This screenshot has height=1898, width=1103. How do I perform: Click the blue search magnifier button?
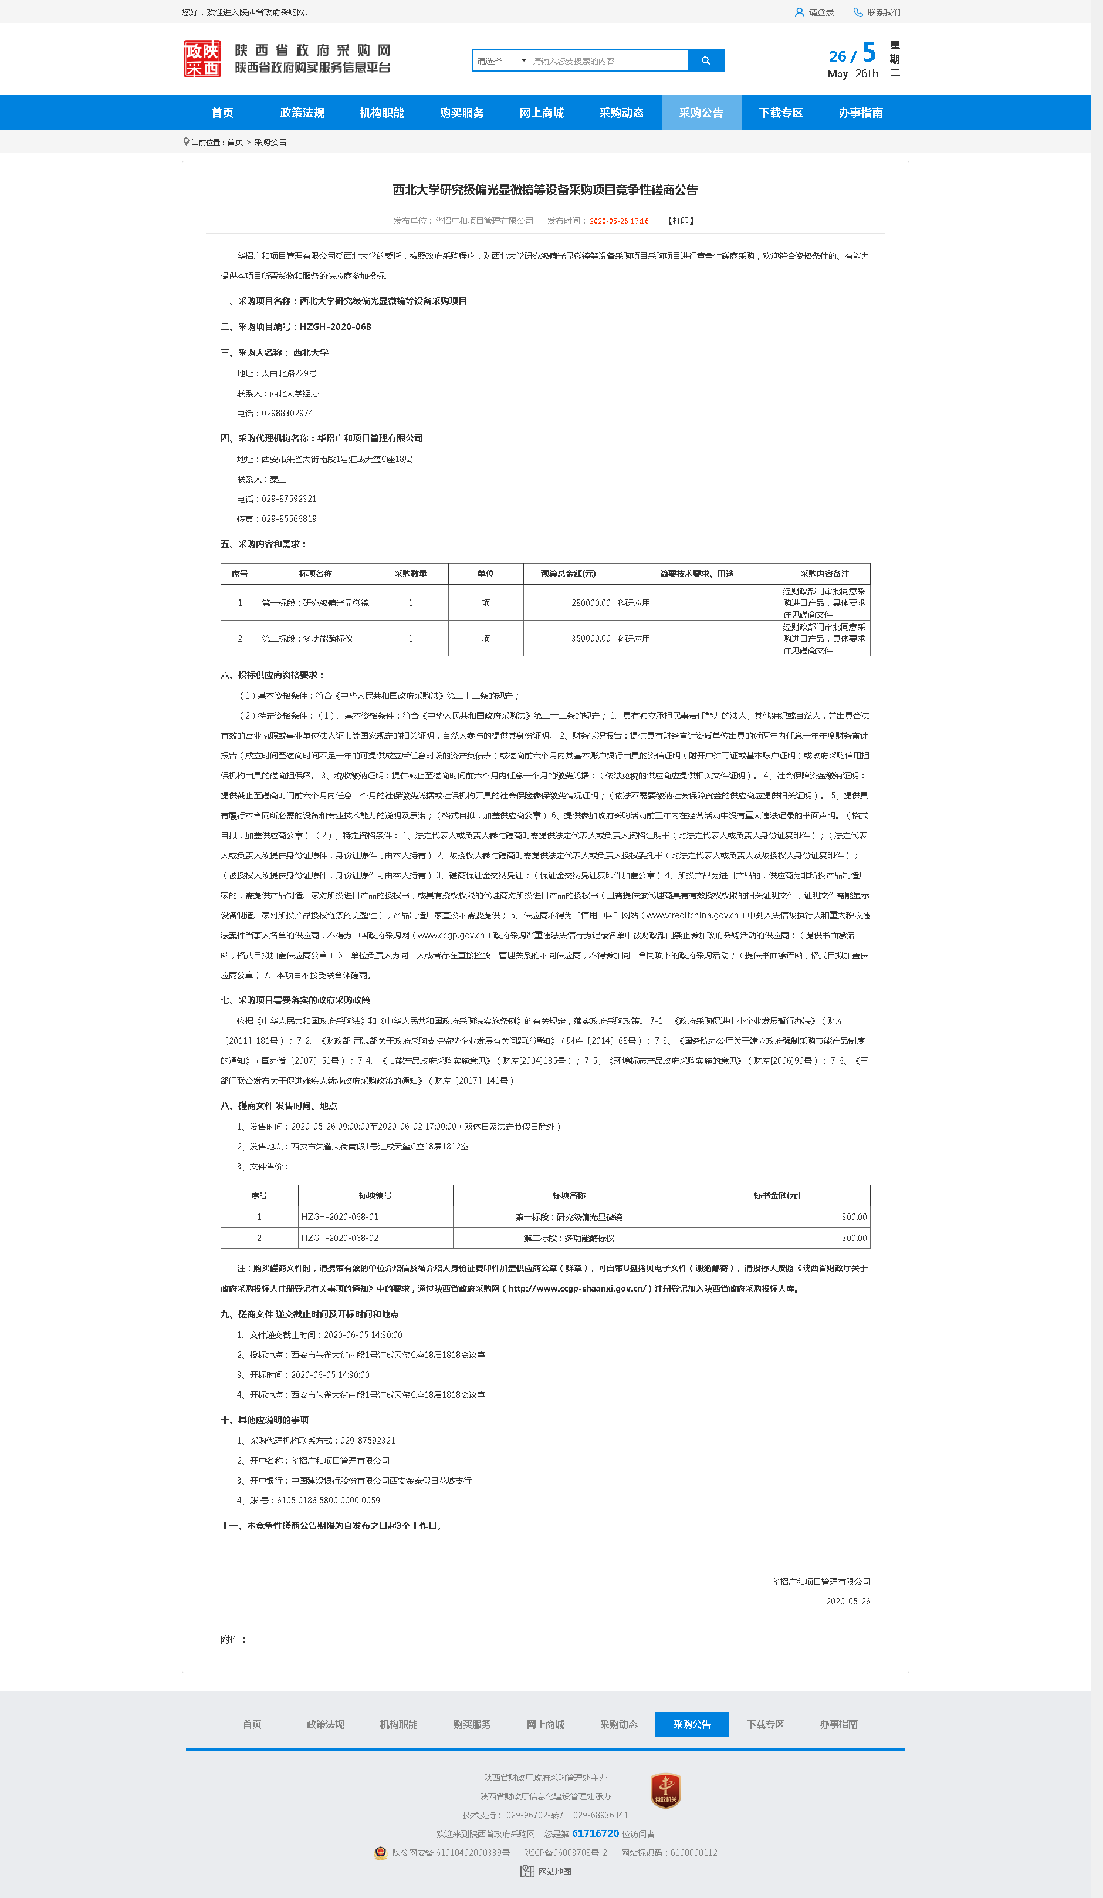point(705,61)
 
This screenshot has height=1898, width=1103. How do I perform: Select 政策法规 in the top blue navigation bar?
point(302,113)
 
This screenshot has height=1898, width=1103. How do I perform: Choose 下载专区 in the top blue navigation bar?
point(781,113)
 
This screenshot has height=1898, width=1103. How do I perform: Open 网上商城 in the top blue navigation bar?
point(542,113)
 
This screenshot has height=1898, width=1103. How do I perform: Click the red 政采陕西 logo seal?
point(202,59)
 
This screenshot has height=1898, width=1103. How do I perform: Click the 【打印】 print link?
point(681,221)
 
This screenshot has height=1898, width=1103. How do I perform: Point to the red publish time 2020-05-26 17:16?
point(618,221)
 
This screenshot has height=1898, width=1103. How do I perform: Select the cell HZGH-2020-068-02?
point(340,1238)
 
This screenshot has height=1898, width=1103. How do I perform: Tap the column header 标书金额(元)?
point(777,1195)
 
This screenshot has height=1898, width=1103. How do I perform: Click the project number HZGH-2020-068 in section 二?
point(335,327)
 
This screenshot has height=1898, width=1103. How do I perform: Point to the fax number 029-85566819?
point(288,519)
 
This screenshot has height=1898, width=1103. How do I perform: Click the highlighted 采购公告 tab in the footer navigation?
point(691,1724)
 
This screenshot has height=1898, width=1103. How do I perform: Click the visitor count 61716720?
point(595,1833)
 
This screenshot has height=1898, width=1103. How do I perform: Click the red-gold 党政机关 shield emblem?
point(665,1791)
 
